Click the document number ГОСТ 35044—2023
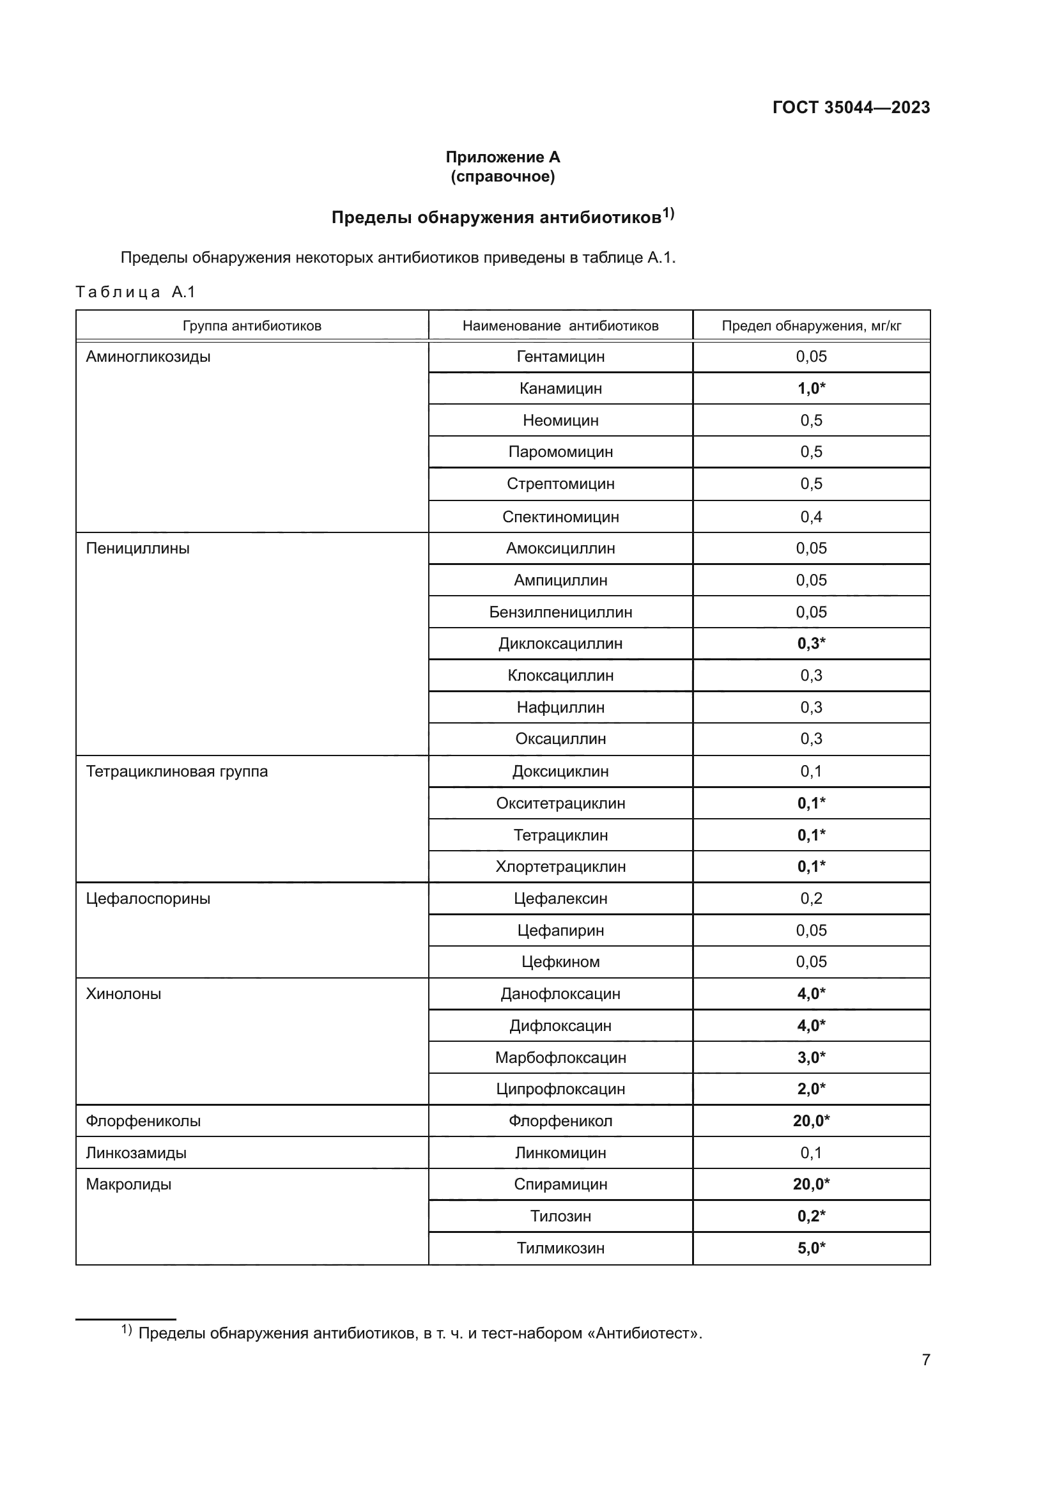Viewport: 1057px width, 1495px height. tap(851, 107)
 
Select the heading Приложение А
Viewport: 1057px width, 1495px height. tap(502, 157)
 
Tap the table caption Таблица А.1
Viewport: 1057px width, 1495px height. tap(135, 291)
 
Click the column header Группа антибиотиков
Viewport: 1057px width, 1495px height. tap(252, 325)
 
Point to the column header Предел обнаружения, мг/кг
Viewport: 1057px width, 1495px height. tap(811, 325)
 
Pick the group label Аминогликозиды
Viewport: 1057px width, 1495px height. tap(148, 357)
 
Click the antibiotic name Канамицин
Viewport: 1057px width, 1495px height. tap(560, 389)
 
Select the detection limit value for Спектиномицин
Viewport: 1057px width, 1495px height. tap(811, 517)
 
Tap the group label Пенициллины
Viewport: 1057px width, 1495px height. tap(138, 548)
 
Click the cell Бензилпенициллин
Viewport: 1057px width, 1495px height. tap(560, 612)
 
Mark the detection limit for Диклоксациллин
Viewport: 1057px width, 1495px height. tap(811, 644)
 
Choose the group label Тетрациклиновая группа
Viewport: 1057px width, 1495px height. tap(177, 771)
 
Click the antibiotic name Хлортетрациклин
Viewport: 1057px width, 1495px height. tap(560, 867)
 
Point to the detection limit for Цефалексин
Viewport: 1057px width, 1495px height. tap(811, 899)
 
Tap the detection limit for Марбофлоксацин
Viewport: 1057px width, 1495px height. tap(811, 1057)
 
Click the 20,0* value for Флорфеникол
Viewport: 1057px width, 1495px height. tap(811, 1120)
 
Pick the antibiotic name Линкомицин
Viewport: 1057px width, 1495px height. tap(560, 1152)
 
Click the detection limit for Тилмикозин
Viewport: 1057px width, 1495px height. tap(811, 1248)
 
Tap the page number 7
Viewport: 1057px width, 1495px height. tap(925, 1359)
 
